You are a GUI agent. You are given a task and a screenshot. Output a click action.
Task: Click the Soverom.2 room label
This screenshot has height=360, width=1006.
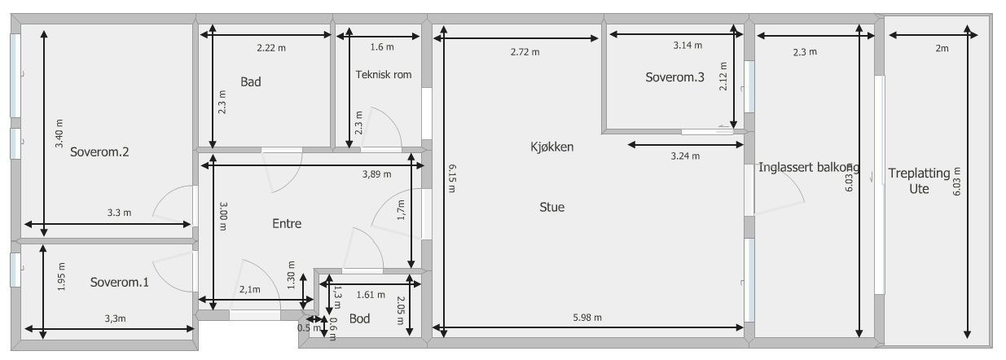pos(100,151)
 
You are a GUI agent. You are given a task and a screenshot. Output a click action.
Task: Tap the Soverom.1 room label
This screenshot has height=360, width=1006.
pos(120,283)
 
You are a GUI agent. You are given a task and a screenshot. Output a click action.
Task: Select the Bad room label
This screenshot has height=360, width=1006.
pos(250,81)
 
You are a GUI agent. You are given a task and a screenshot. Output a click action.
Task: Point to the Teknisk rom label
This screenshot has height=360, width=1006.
pos(384,75)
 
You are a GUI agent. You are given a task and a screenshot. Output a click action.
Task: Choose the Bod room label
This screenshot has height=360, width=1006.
pos(358,318)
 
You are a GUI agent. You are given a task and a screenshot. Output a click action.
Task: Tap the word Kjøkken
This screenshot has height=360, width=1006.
pos(551,147)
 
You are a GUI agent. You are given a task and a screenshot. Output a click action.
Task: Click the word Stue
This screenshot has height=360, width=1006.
pos(551,207)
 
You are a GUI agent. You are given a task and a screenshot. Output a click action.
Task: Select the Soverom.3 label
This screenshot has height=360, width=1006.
pos(674,78)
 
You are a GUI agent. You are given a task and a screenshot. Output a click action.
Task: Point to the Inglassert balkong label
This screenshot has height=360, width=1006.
pos(808,168)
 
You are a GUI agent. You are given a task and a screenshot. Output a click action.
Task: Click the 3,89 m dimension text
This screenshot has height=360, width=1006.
pos(376,174)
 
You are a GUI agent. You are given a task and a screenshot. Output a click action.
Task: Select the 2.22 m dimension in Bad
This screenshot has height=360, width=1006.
pos(271,48)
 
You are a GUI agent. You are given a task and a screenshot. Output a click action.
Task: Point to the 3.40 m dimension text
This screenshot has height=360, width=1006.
pos(59,134)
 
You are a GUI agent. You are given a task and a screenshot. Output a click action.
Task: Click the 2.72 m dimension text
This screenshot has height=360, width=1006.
pos(525,52)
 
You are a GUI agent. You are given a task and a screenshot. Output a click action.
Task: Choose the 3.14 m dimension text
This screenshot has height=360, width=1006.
pos(688,46)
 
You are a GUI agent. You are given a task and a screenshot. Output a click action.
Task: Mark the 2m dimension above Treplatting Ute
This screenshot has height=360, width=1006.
pos(942,49)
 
